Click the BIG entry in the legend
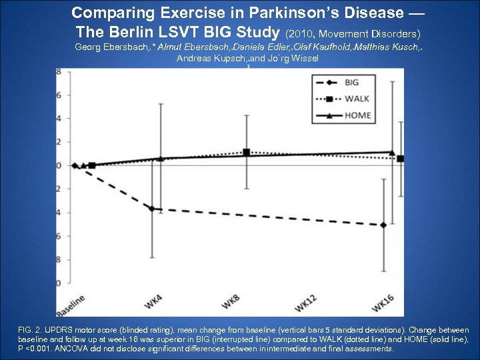tap(351, 83)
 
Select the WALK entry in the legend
tap(357, 99)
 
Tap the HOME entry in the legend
tap(357, 115)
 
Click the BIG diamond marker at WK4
tap(151, 209)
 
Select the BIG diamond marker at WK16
tap(383, 225)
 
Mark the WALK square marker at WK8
tap(247, 152)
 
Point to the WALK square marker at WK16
tap(400, 159)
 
